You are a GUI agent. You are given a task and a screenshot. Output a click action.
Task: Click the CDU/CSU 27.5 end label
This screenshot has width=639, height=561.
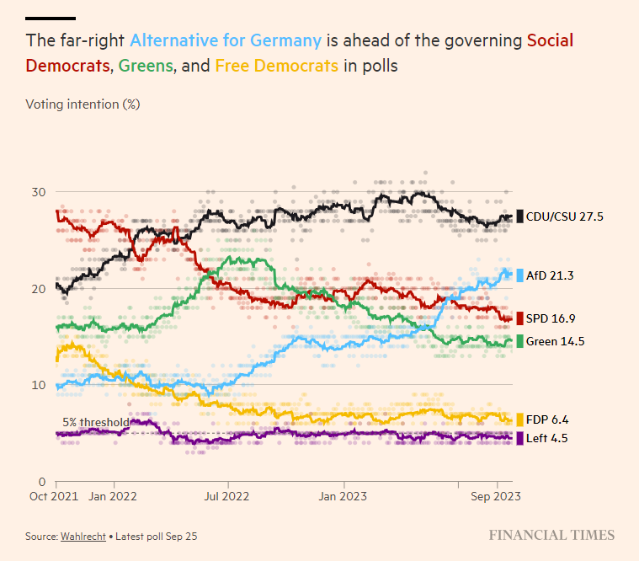[565, 216]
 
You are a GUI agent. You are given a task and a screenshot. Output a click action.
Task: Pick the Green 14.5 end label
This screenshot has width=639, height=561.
[556, 341]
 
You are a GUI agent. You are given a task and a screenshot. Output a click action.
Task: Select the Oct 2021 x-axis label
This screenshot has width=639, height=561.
[55, 497]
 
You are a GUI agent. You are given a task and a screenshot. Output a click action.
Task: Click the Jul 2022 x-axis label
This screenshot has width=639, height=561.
[227, 497]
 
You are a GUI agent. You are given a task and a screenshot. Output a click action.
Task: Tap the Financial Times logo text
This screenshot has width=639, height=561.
[552, 535]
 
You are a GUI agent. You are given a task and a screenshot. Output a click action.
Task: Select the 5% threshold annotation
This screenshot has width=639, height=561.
[96, 423]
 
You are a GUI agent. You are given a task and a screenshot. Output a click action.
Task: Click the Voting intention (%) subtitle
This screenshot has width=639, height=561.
[83, 104]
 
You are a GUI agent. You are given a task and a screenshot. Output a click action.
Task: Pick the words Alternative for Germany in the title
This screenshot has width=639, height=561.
[225, 40]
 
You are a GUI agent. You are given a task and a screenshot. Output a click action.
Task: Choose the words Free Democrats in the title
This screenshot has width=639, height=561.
[277, 65]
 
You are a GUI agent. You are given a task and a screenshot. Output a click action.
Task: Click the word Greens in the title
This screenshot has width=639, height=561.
[146, 65]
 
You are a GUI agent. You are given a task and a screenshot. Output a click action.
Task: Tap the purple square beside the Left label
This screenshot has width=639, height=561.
[519, 438]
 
